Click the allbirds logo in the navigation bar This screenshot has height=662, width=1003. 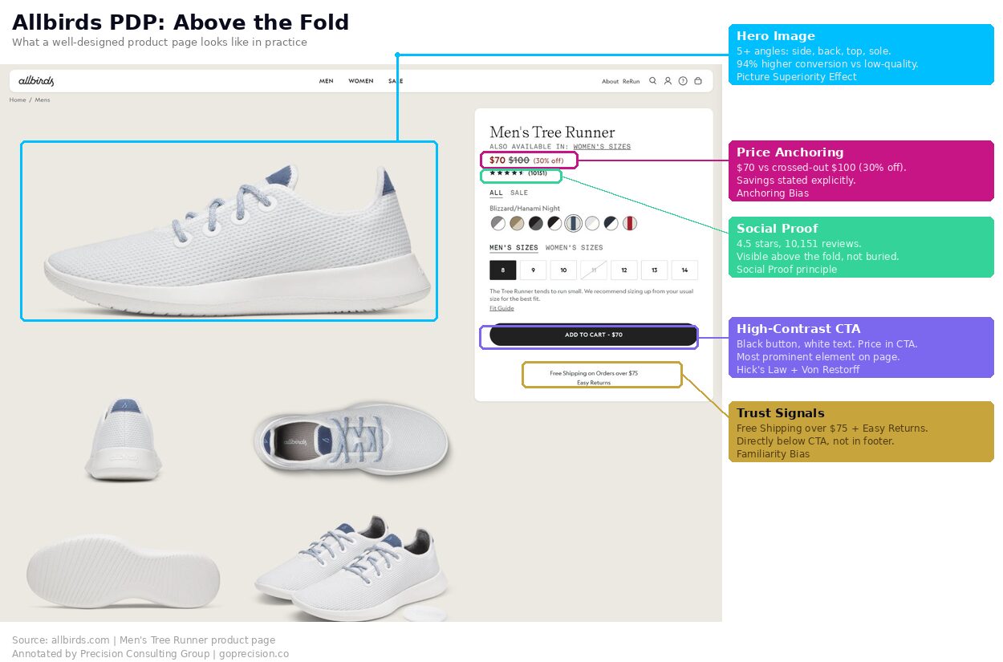tap(36, 81)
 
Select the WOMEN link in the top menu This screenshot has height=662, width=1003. tap(360, 81)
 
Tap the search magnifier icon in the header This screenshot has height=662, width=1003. tap(652, 81)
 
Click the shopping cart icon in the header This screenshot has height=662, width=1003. tap(698, 81)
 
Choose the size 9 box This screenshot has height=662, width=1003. tap(533, 270)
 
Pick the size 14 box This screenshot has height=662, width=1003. tap(684, 270)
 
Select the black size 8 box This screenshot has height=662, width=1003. tap(503, 270)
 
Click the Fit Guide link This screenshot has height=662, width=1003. tap(501, 308)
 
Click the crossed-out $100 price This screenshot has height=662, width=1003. tap(518, 160)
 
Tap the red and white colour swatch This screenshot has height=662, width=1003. tap(630, 223)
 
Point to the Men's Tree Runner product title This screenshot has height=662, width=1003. tap(552, 132)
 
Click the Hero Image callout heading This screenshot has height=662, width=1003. tap(775, 36)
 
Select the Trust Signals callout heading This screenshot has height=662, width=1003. tap(780, 413)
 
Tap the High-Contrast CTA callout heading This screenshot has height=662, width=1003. tap(798, 329)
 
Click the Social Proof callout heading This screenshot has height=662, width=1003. tap(777, 229)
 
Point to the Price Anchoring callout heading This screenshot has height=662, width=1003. tap(790, 152)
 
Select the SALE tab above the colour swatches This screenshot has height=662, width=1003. tap(519, 193)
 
